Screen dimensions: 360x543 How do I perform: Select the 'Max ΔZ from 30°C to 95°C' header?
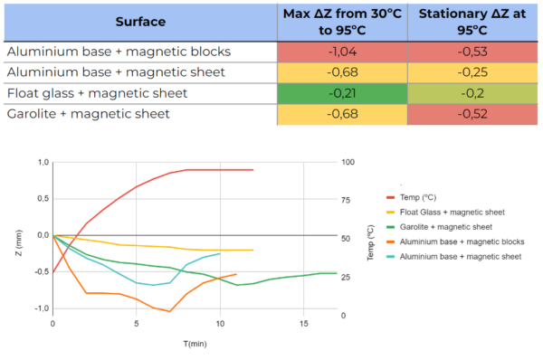342,22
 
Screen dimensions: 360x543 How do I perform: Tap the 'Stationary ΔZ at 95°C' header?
474,22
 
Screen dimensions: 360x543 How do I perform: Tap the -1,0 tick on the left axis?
39,308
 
